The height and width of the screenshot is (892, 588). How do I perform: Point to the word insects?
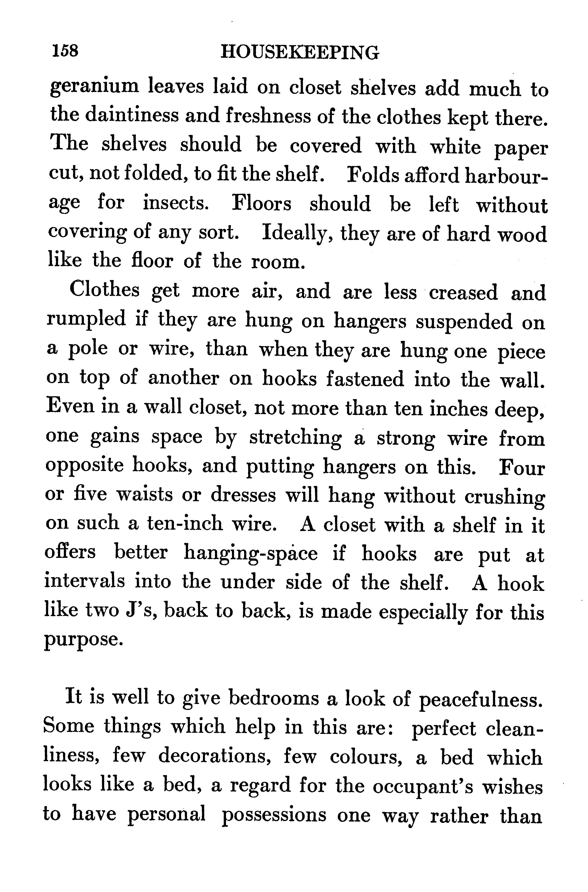coord(175,203)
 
